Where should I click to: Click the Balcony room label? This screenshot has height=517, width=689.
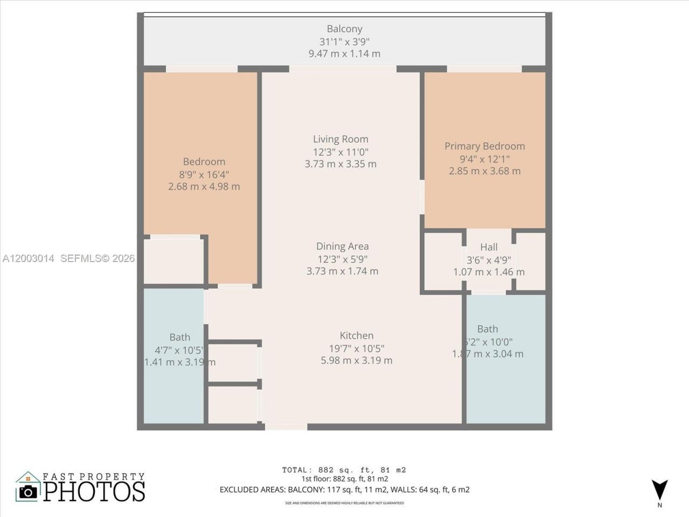point(344,29)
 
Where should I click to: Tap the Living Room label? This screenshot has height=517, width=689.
point(341,139)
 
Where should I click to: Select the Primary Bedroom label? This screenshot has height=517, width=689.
point(484,146)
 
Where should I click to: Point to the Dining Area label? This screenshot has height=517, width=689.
point(342,246)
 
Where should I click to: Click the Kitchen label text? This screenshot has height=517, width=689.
point(356,336)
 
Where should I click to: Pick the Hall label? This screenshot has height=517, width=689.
point(489,247)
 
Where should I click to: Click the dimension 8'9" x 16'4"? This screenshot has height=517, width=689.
point(204,174)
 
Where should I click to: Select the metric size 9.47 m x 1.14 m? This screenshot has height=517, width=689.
point(344,54)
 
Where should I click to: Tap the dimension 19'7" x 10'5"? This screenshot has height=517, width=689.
point(356,348)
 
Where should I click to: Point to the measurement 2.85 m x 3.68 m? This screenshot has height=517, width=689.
point(484,171)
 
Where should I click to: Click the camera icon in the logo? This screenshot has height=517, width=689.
point(28,491)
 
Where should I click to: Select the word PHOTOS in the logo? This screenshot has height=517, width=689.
point(94,491)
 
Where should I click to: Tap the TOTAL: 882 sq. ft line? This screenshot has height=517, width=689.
point(344,470)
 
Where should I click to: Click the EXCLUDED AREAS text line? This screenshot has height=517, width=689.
point(344,490)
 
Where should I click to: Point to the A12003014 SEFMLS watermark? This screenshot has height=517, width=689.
point(68,258)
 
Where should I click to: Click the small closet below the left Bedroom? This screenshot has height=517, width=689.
point(173,261)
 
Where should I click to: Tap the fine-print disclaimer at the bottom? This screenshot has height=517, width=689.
point(344,503)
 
